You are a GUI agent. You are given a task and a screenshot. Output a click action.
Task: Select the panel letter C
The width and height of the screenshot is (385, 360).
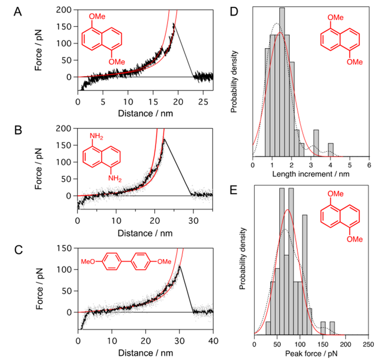pos(17,250)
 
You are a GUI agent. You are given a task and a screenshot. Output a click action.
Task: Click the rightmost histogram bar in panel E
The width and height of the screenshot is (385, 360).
pos(332,327)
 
